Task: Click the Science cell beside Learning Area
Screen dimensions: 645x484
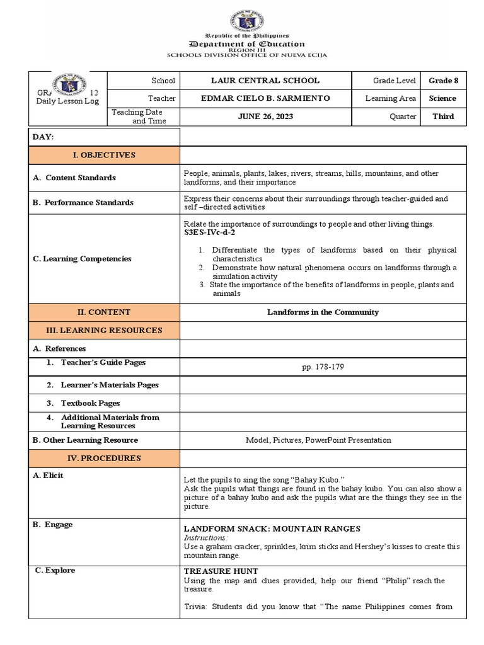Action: coord(442,98)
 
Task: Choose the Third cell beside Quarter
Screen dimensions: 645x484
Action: coord(442,117)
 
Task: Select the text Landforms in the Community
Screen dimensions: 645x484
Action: coord(323,312)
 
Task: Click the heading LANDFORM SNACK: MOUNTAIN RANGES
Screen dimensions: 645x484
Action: coord(272,528)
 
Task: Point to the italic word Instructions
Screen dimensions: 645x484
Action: coord(205,538)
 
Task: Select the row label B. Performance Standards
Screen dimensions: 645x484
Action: coord(83,202)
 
